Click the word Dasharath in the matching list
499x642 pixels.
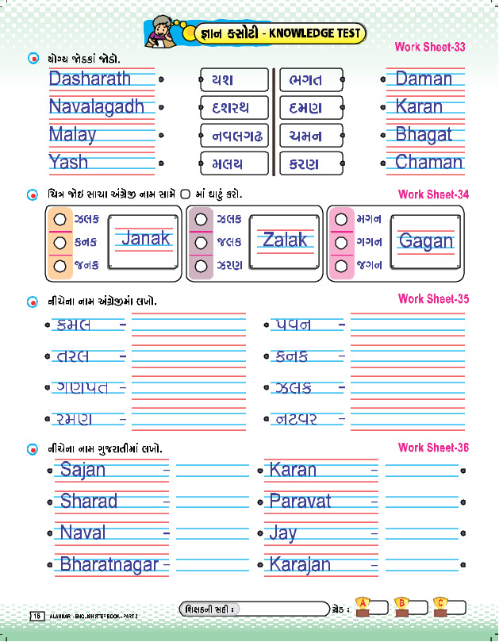click(90, 79)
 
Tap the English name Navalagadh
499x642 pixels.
click(97, 106)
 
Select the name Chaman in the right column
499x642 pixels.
click(428, 163)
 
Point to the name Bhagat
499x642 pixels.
click(424, 134)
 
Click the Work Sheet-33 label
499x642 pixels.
click(429, 47)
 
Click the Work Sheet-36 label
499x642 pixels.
click(433, 448)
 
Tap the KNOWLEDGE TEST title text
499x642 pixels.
click(313, 33)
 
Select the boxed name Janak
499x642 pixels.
click(145, 238)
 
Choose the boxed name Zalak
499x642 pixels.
click(285, 240)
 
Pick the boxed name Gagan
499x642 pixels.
click(426, 241)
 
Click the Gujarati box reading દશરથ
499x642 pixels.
click(233, 107)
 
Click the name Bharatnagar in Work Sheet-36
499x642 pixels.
click(109, 565)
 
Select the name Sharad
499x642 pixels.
click(89, 501)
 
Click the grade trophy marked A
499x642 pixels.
click(364, 605)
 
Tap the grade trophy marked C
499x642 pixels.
click(440, 605)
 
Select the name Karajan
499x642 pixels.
click(300, 565)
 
